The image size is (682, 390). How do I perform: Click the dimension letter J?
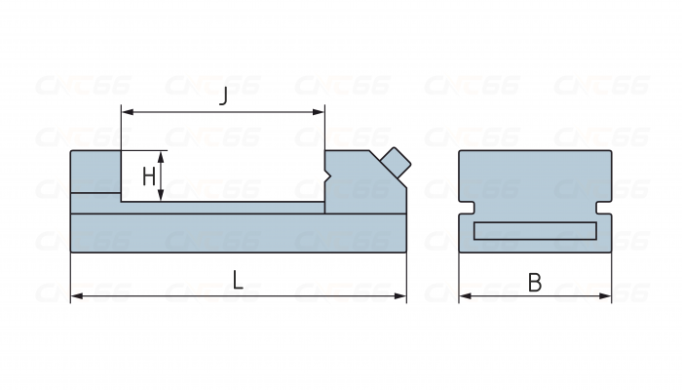(224, 97)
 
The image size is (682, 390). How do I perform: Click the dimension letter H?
(148, 176)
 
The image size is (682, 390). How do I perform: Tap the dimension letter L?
(238, 282)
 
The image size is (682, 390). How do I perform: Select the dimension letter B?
(535, 283)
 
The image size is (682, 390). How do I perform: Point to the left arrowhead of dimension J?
(125, 112)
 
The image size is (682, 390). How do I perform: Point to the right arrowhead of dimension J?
(321, 112)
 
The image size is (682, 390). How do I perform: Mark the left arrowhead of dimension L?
(75, 294)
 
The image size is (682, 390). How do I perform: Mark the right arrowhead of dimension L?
(401, 294)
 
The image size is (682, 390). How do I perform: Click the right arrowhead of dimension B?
(607, 294)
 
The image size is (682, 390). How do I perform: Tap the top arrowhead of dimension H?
(163, 154)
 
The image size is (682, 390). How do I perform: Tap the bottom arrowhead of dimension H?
(163, 198)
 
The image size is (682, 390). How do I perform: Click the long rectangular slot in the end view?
(535, 231)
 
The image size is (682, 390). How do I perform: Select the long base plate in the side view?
(238, 233)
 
